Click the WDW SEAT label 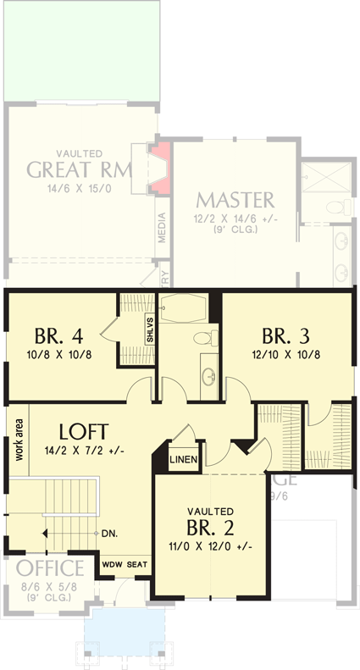point(124,563)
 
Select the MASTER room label point(235,200)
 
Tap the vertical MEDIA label point(163,227)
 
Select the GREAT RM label point(80,169)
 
